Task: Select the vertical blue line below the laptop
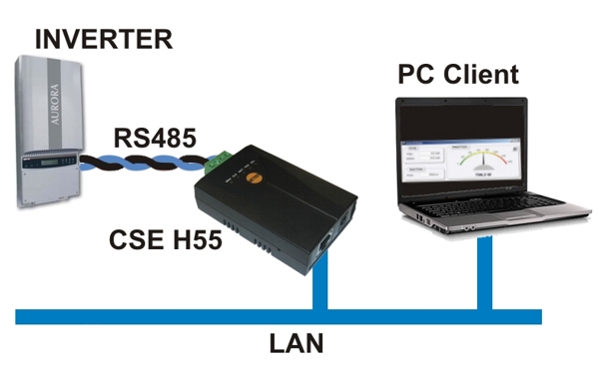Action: pos(485,280)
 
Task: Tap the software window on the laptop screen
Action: pos(459,160)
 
